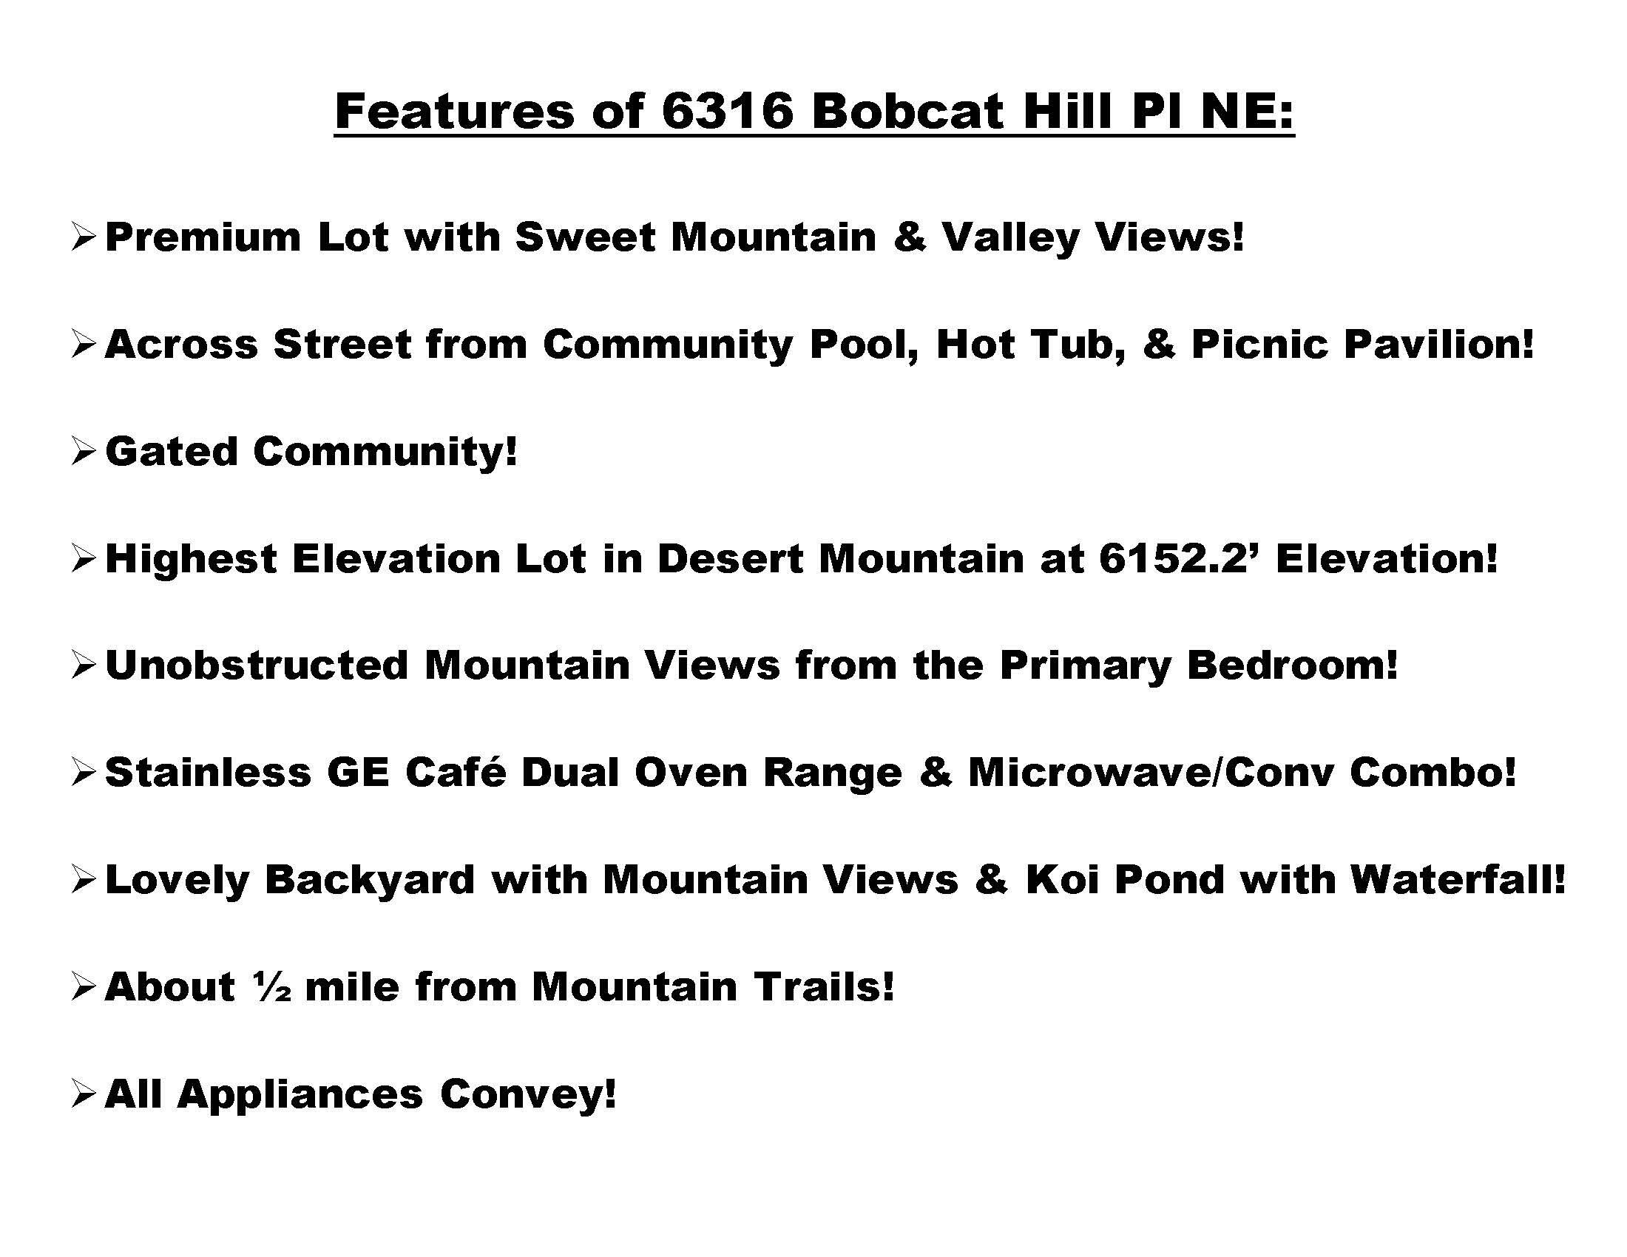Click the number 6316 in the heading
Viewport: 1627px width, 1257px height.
(x=727, y=112)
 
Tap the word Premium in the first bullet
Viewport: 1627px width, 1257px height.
(x=203, y=237)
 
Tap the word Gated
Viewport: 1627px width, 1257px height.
(x=172, y=451)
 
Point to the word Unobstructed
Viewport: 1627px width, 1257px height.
(x=257, y=665)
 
